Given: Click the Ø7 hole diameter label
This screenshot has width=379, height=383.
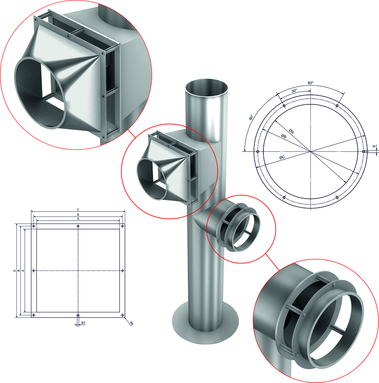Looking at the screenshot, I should point(83,323).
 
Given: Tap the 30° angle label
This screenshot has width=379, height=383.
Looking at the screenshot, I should point(294,91).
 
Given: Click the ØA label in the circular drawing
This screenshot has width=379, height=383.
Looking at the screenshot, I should point(291,131).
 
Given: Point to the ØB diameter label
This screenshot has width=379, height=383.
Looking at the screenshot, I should point(283,136).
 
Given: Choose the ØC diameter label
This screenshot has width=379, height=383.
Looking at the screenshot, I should point(282,157).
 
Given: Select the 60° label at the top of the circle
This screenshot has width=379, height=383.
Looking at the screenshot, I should point(310,82).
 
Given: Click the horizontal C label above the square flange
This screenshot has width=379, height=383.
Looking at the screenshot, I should point(78,209).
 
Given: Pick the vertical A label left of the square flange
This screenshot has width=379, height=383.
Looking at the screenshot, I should point(23,270).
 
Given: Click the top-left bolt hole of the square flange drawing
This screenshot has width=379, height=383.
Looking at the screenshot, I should point(34,226).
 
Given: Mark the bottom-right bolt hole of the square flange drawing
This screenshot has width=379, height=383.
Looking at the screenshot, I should point(122,315).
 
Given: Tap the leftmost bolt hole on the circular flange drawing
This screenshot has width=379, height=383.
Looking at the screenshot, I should point(258,151).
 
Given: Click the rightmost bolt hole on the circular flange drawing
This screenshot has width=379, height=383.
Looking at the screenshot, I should point(363,151).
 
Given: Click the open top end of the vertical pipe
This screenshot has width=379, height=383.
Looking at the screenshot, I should point(207,89).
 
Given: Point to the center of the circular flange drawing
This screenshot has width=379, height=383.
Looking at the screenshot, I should point(310,151).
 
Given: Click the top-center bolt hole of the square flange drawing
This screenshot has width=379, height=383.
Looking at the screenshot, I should point(78,226).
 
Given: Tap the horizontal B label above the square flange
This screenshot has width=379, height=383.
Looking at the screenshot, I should point(78,214).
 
